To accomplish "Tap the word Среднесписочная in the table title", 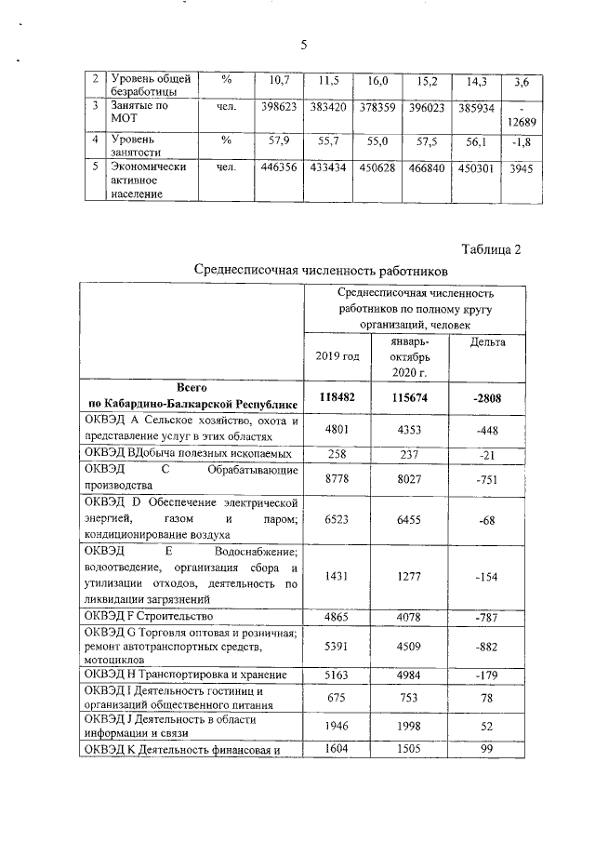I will click(x=250, y=270).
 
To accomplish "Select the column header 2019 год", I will click(x=337, y=356).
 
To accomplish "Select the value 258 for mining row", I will click(x=337, y=453).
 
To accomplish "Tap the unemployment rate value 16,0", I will click(x=378, y=82).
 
